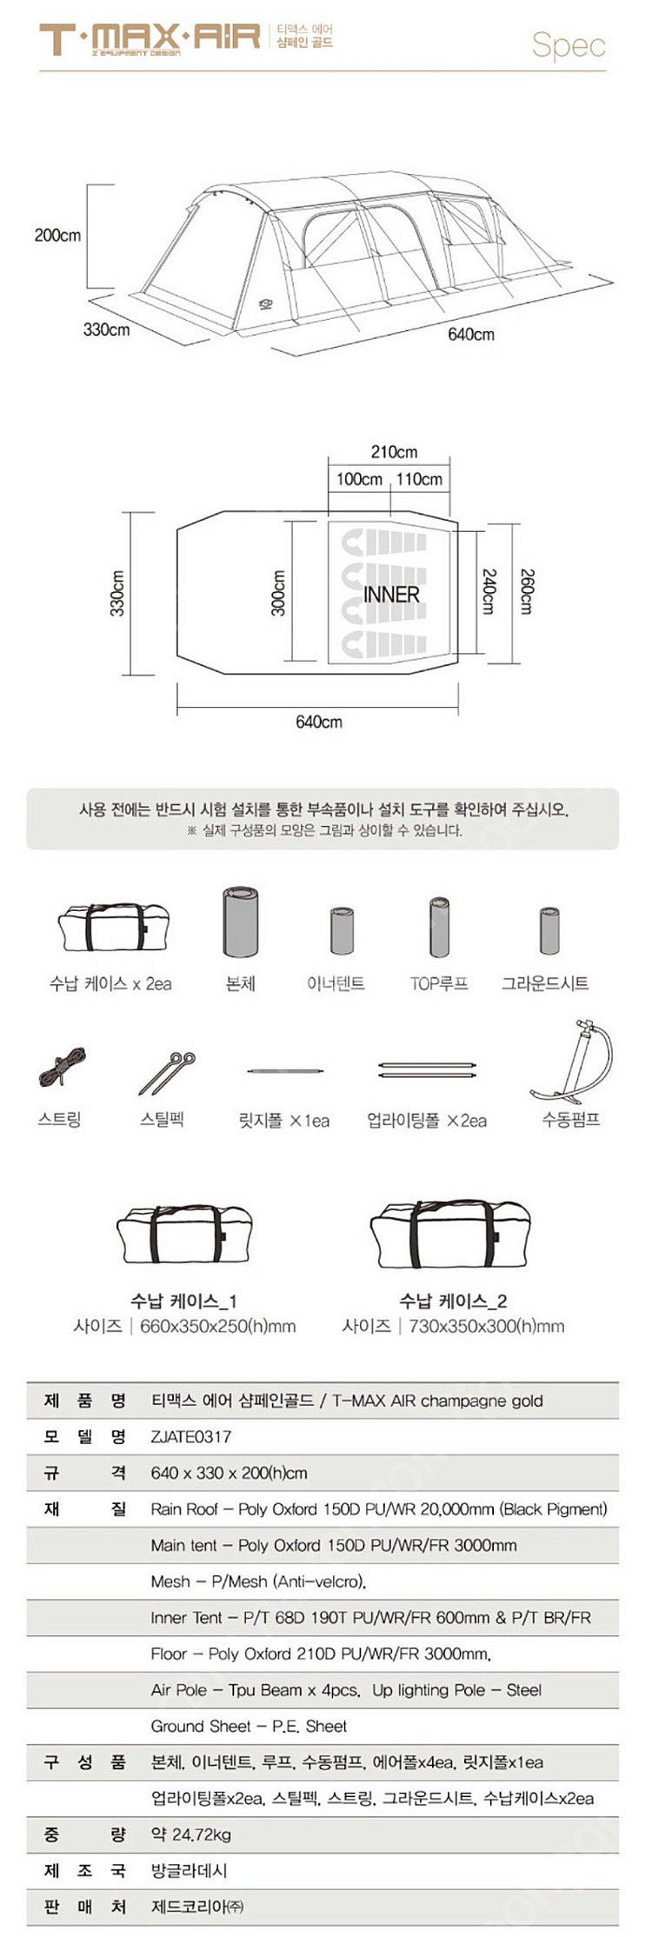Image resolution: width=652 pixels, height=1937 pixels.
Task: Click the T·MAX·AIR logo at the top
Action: (150, 39)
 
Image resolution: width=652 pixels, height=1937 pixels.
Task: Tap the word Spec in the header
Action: (568, 44)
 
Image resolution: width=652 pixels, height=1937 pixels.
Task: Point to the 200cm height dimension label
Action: (57, 235)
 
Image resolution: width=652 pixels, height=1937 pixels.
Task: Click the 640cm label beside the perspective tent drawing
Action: (470, 335)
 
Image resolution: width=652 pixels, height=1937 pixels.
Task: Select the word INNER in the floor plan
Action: (391, 595)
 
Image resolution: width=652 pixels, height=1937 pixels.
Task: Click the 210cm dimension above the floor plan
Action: (394, 452)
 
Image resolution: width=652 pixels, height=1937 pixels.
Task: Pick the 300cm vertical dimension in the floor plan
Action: (279, 593)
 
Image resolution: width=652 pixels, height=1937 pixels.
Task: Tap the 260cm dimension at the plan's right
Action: (526, 592)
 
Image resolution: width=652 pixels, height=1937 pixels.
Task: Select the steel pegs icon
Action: (167, 1073)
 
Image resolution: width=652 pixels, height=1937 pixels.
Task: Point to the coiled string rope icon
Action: (62, 1068)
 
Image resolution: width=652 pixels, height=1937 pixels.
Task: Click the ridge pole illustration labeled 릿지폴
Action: (285, 1071)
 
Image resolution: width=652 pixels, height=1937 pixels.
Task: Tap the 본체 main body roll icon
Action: (241, 922)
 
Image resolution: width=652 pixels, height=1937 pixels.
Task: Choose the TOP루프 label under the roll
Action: (439, 984)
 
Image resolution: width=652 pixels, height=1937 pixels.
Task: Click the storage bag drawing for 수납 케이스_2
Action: (449, 1235)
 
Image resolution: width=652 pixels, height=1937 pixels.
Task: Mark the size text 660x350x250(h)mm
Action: (217, 1327)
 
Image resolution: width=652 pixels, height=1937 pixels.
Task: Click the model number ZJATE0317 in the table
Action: (191, 1437)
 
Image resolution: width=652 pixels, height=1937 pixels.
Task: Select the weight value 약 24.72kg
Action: (191, 1834)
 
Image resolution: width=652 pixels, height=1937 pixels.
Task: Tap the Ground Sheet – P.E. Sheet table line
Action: (249, 1726)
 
